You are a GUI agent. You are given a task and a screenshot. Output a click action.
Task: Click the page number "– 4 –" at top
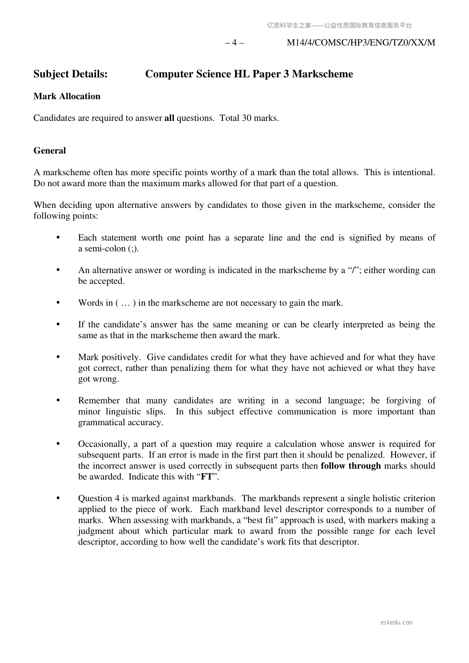point(234,43)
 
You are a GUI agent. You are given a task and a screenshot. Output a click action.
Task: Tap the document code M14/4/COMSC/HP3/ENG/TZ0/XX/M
point(361,43)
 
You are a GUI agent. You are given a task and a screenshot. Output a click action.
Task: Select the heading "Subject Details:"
point(70,74)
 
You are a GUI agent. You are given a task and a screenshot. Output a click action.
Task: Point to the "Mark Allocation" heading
point(67,96)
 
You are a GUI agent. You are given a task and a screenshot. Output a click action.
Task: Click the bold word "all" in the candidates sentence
point(169,118)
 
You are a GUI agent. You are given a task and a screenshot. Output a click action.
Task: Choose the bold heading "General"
point(50,151)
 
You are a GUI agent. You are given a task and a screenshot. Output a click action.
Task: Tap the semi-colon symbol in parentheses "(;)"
point(133,249)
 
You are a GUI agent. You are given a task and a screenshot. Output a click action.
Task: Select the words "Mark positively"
point(109,357)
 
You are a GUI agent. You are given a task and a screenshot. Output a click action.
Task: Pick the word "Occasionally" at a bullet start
point(103,444)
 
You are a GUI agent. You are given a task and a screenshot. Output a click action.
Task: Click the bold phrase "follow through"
point(350,466)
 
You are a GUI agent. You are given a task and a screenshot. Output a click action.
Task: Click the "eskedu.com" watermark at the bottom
point(397,622)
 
